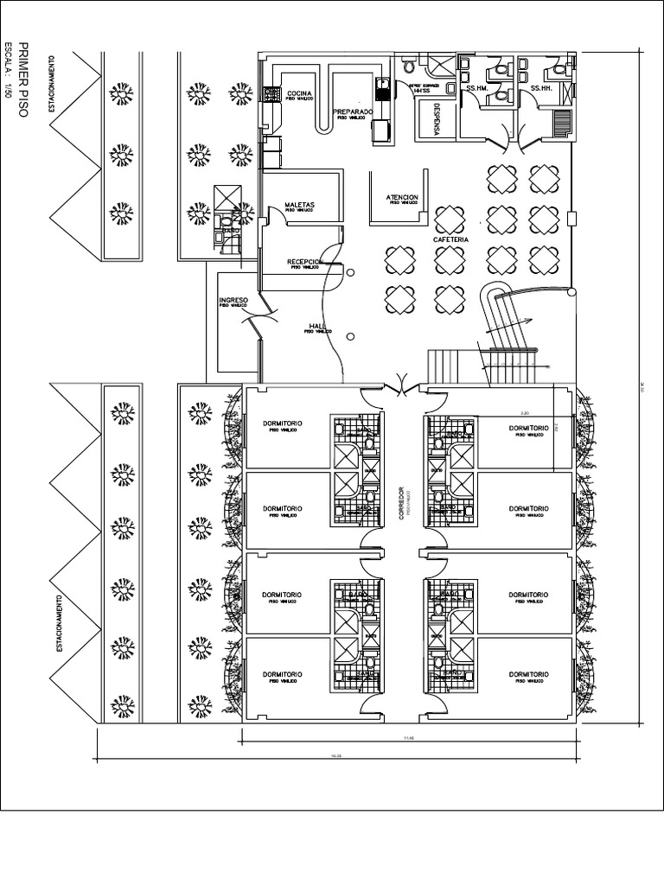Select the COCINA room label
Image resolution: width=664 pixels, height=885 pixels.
coord(300,93)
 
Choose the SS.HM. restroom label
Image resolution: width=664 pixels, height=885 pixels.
coord(477,88)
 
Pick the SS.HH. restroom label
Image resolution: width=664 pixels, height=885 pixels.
coord(541,88)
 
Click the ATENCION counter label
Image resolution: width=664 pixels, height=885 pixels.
coord(402,198)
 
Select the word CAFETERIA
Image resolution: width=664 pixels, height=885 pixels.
coord(450,239)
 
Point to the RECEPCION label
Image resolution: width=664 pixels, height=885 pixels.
coord(305,261)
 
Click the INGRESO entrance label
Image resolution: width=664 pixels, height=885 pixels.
coord(233,300)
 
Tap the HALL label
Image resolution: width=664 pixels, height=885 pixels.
coord(316,326)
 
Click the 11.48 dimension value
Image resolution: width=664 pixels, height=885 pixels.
coord(409,738)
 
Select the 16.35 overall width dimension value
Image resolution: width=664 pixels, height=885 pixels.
coord(335,755)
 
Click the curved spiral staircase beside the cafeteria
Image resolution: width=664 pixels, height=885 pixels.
coord(506,315)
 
